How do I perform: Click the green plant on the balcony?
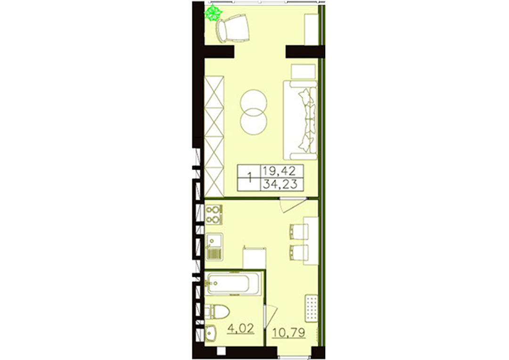(x=213, y=13)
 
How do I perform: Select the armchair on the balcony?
(x=232, y=30)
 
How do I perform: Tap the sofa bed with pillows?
(x=300, y=120)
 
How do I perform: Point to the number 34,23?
(x=280, y=184)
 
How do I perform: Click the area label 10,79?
(x=288, y=332)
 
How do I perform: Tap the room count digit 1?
(x=249, y=178)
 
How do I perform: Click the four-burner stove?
(x=214, y=214)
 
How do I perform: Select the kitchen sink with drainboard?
(x=214, y=246)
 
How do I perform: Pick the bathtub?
(x=233, y=283)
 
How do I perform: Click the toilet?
(x=216, y=311)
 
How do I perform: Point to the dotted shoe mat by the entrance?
(x=312, y=308)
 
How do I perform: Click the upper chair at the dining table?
(x=298, y=232)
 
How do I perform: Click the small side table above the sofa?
(x=304, y=72)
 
